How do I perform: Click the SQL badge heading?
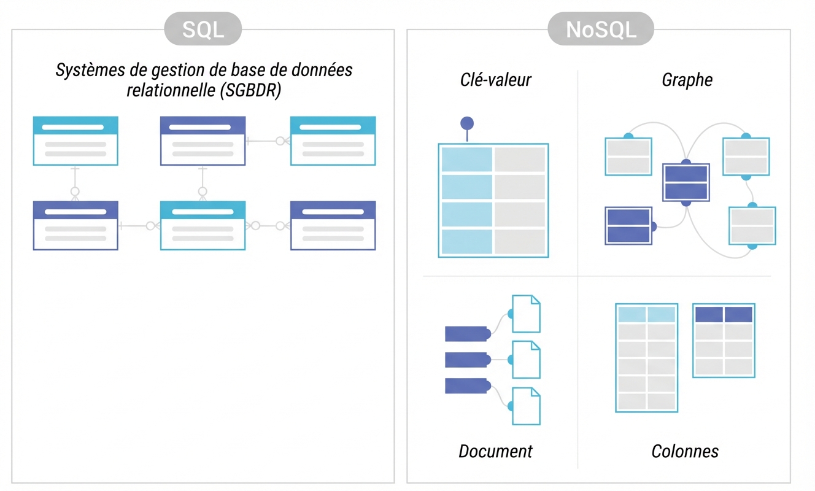point(203,29)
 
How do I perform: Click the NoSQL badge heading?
point(600,29)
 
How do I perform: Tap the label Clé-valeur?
point(496,80)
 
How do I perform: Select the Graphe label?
point(687,80)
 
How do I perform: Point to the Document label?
point(495,452)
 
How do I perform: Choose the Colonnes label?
point(685,452)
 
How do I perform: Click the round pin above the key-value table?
point(467,123)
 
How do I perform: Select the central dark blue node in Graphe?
point(686,182)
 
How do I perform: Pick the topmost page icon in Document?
point(526,314)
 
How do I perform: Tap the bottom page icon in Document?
point(526,406)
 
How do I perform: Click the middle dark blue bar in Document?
point(466,360)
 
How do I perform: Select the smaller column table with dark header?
point(724,341)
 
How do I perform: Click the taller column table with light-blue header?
point(646,358)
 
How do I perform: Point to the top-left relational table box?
point(75,141)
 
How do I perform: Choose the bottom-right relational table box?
point(333,225)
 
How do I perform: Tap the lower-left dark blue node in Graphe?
point(628,226)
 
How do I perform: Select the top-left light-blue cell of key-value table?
point(466,159)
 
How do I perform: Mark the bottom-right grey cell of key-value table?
point(520,241)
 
